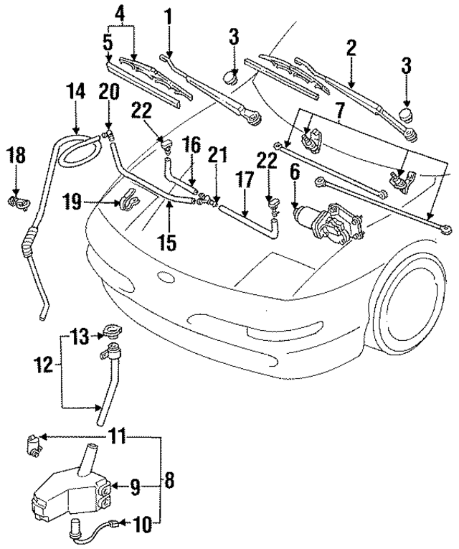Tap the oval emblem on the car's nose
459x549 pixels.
click(164, 279)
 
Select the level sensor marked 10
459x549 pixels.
click(77, 532)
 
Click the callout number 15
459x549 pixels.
click(166, 243)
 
